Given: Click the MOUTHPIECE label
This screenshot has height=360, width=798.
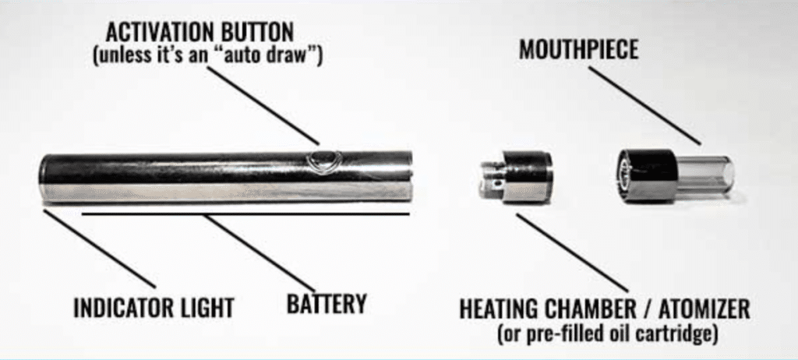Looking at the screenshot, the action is point(578,50).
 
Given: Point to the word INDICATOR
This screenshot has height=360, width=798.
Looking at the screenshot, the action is point(120,308).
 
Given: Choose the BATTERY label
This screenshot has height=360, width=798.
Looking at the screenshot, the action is point(327,303).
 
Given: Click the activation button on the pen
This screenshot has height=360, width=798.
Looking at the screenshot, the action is point(320,161).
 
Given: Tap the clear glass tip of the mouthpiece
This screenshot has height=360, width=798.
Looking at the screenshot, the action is point(705,175).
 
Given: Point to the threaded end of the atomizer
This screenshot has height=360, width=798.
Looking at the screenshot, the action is point(491,177).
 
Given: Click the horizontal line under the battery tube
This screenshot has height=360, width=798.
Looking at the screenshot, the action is point(245,214).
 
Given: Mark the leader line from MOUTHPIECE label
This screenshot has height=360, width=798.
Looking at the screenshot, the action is point(644,105).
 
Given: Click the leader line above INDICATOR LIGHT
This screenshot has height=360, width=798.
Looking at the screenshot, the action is point(99,249).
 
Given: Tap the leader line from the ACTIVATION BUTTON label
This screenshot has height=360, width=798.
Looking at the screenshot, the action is point(263,105).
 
